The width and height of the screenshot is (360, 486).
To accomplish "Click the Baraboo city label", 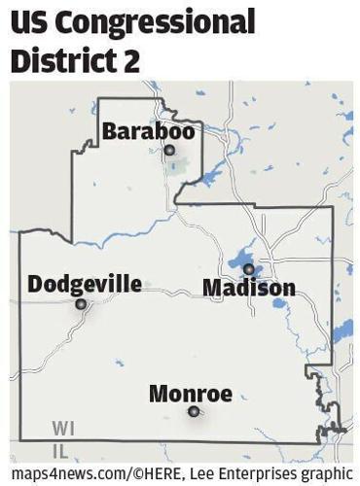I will [x=148, y=130].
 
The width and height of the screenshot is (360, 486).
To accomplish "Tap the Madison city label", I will [x=249, y=288].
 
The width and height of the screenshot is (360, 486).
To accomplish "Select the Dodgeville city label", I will [x=85, y=284].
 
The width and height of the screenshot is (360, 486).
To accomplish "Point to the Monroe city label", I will [x=191, y=394].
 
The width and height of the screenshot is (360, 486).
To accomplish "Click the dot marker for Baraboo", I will [x=169, y=150].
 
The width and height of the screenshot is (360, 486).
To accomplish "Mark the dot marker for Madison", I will [x=248, y=269].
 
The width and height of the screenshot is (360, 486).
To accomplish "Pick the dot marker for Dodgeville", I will [x=81, y=304].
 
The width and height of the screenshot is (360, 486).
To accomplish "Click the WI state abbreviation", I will [x=62, y=428].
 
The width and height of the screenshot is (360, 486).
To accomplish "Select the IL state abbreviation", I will [x=60, y=450].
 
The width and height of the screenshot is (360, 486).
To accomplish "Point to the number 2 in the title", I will [x=131, y=60].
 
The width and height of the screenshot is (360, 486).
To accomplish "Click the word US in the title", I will [x=32, y=21].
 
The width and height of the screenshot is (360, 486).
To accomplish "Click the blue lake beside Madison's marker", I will [x=239, y=260].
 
